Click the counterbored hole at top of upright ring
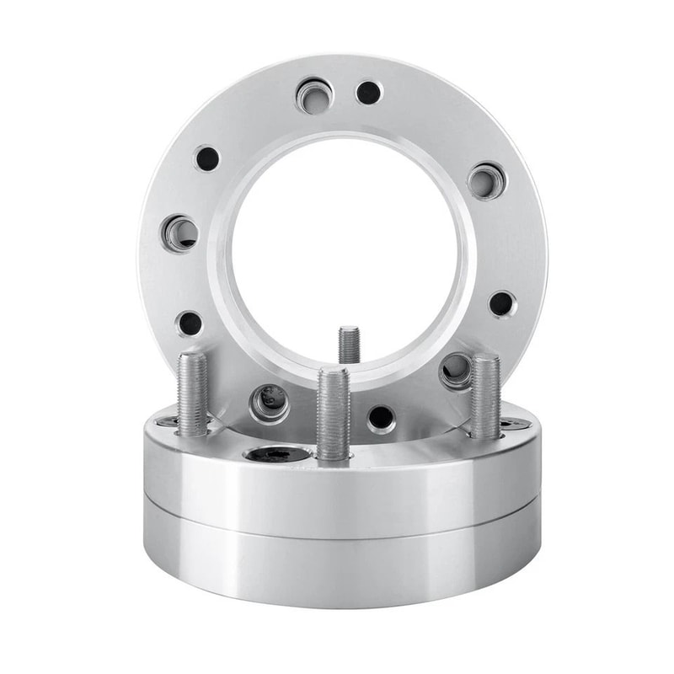point(314,96)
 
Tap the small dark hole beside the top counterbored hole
point(368,93)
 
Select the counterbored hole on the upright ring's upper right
point(486,181)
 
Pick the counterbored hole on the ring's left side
point(180,233)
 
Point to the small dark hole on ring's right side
point(502,303)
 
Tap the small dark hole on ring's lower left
point(190,323)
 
